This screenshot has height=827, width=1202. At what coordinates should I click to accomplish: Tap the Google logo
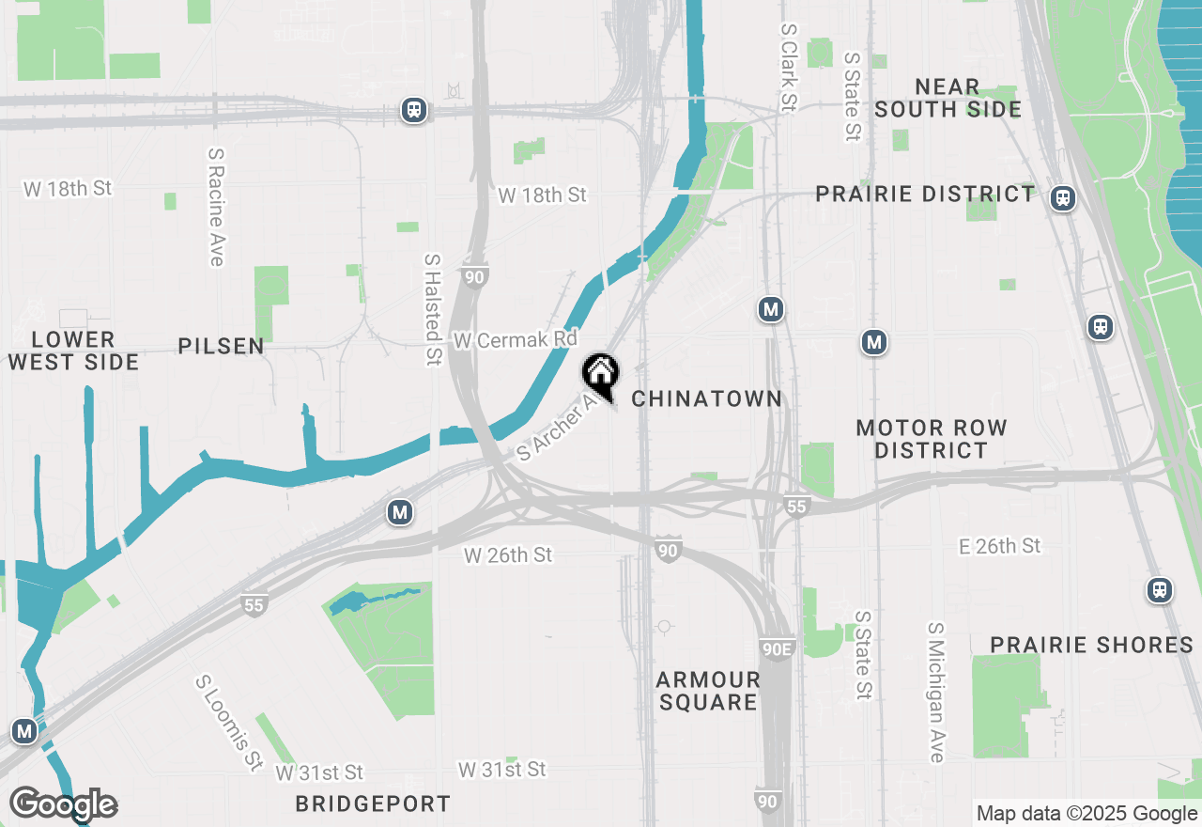[63, 804]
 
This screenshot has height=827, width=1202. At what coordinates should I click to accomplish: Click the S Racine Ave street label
[216, 207]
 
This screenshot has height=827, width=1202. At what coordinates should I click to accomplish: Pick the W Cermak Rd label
[515, 339]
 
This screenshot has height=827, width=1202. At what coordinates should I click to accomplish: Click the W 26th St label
[508, 555]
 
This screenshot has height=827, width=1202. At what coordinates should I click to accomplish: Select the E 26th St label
[999, 546]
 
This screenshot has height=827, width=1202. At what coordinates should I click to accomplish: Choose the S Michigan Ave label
[935, 692]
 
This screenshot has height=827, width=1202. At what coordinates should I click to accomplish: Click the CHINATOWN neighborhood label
[706, 398]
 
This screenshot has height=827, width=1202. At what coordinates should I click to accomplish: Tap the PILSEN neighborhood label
[222, 347]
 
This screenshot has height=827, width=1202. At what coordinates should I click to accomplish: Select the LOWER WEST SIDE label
[73, 351]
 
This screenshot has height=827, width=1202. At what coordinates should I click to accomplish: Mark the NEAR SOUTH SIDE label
[948, 99]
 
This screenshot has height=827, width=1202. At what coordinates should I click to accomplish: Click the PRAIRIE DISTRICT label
[925, 195]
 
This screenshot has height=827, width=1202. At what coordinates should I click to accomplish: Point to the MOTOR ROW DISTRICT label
[932, 439]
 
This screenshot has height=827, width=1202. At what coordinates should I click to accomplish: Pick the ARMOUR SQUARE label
[708, 691]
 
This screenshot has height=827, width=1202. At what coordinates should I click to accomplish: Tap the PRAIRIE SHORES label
[1092, 645]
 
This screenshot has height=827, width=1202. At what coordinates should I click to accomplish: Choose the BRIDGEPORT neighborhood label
[373, 804]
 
